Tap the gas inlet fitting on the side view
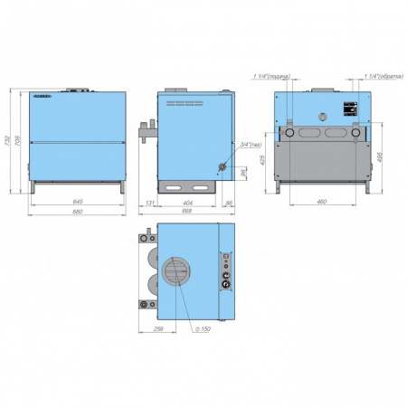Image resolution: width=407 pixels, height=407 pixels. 217,166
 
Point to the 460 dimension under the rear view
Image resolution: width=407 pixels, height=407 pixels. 321,201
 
